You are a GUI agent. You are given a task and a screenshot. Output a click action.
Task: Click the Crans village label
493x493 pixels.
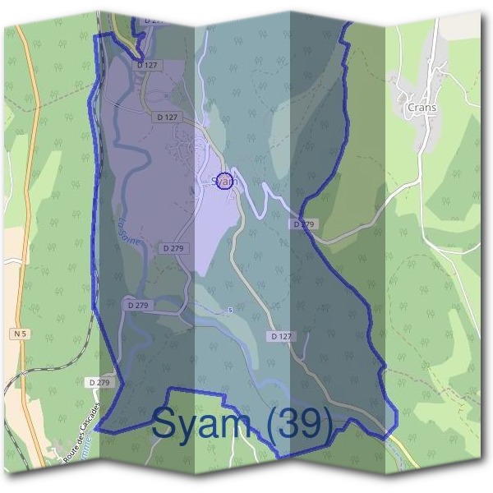click(422, 107)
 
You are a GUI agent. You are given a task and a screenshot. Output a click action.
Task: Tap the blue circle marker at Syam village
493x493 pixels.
click(223, 182)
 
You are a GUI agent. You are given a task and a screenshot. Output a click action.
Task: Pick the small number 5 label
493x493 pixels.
click(230, 310)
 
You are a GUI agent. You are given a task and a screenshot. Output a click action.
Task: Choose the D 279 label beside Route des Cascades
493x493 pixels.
click(98, 382)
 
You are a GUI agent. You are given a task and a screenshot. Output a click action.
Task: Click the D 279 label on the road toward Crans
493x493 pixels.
click(303, 223)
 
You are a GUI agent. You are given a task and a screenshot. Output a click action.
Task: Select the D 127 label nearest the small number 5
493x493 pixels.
click(280, 336)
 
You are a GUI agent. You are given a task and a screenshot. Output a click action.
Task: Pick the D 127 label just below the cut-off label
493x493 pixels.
click(148, 64)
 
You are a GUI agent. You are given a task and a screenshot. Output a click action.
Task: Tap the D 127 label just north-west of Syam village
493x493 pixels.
click(167, 117)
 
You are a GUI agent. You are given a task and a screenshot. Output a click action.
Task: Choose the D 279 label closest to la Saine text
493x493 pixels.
click(173, 247)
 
